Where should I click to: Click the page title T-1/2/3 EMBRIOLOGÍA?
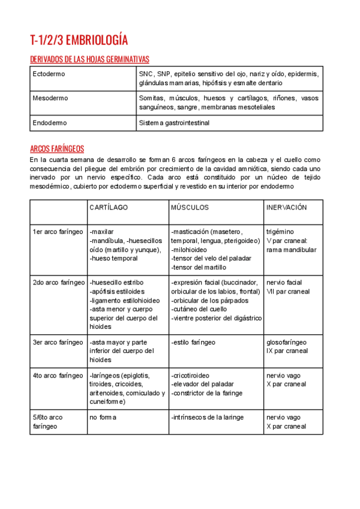(x=79, y=41)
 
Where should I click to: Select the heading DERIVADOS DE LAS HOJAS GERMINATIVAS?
(x=89, y=59)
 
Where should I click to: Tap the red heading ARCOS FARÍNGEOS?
(x=57, y=149)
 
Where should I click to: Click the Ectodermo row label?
(x=49, y=74)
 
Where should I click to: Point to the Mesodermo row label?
(x=50, y=98)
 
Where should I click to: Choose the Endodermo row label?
(x=50, y=123)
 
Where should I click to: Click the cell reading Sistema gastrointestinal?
(x=174, y=123)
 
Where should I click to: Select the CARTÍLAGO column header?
(x=109, y=207)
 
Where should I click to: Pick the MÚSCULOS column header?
(x=190, y=207)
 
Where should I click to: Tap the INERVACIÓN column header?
(x=286, y=207)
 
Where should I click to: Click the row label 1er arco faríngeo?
(x=58, y=232)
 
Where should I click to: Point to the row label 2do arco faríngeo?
(x=58, y=282)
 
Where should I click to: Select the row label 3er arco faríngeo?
(x=58, y=342)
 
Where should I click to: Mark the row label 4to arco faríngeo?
(x=58, y=376)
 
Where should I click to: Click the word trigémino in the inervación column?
(x=280, y=232)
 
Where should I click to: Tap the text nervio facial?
(x=284, y=282)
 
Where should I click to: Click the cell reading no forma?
(x=103, y=417)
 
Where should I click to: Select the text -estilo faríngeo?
(x=193, y=342)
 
